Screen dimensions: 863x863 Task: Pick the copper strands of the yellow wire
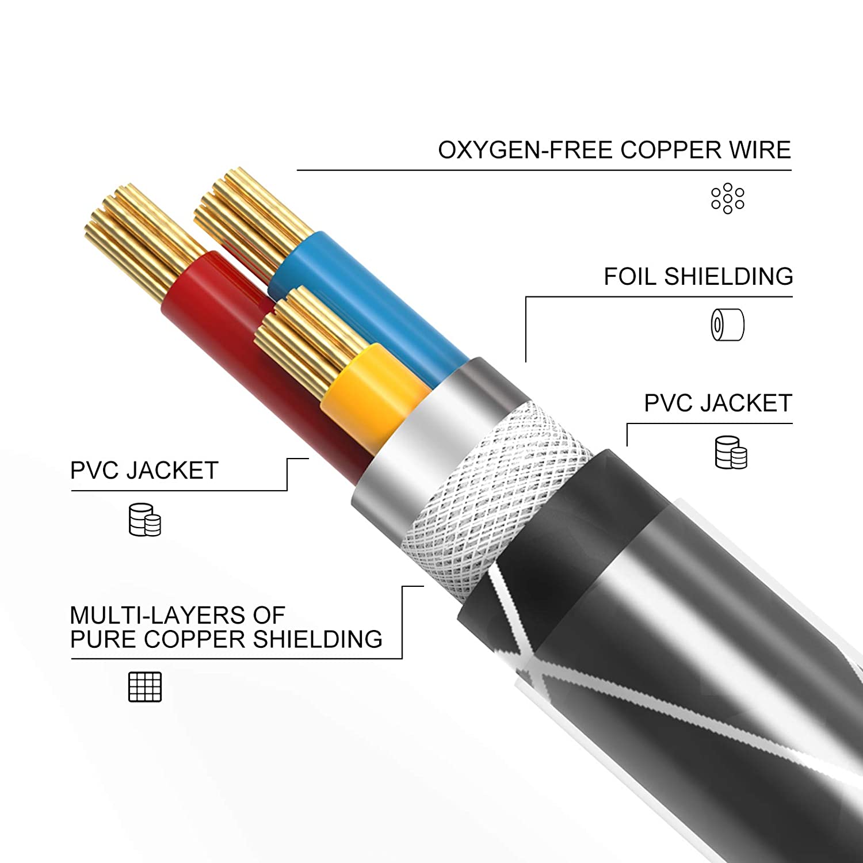tap(311, 339)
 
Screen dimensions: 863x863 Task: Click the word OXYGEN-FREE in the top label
tap(525, 150)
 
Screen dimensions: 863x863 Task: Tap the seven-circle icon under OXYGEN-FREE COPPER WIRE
tap(727, 198)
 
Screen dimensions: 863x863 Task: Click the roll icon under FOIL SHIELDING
tap(727, 324)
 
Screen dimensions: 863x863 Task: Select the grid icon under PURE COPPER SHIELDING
tap(145, 686)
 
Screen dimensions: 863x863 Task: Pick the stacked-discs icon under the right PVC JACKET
tap(731, 452)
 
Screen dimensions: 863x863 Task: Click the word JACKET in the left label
tap(173, 471)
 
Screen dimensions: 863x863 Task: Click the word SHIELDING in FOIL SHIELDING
tap(728, 277)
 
